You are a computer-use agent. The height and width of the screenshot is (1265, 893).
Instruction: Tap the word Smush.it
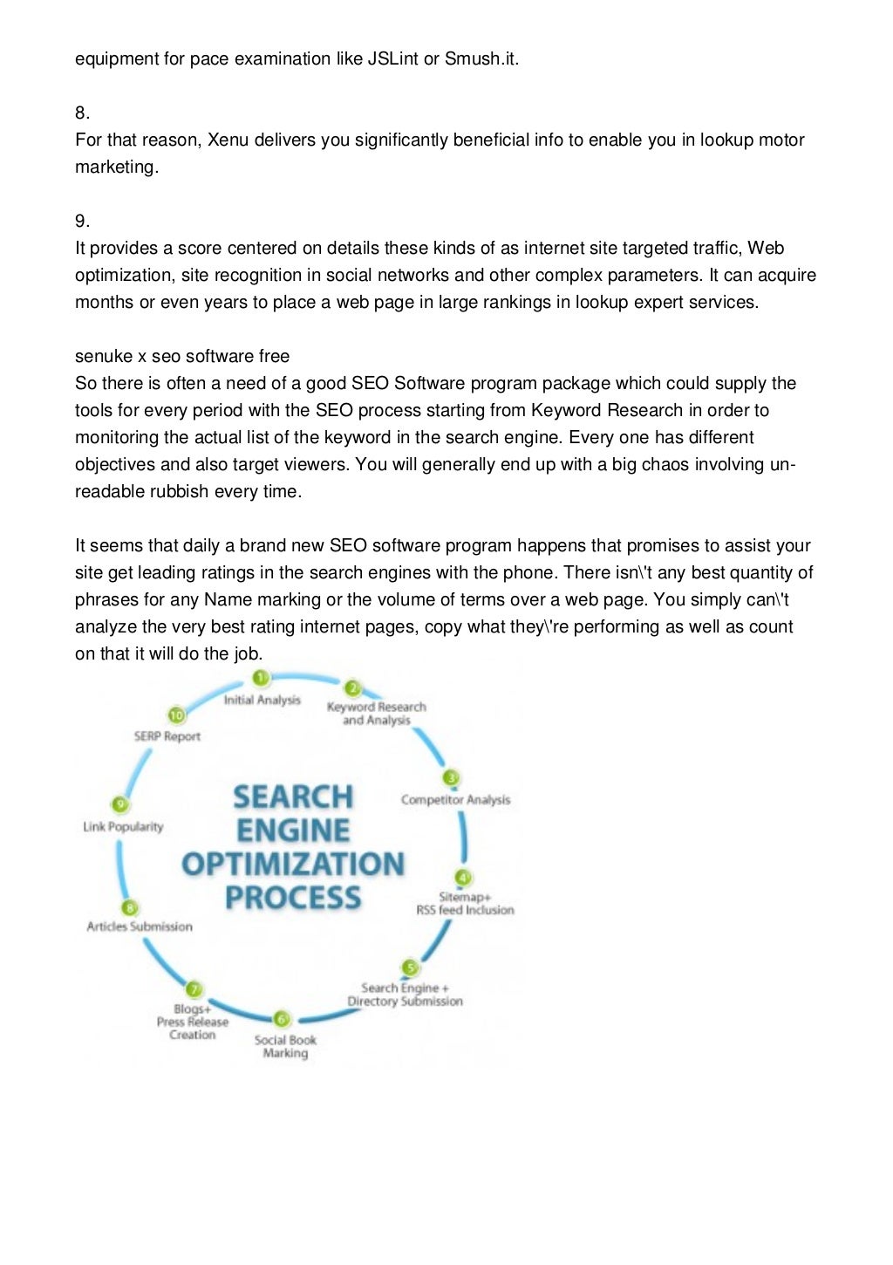click(x=481, y=59)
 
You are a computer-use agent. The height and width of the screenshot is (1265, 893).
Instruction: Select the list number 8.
click(x=82, y=113)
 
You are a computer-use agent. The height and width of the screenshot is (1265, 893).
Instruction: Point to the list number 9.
click(x=82, y=222)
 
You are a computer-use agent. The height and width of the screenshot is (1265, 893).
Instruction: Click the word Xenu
click(x=228, y=140)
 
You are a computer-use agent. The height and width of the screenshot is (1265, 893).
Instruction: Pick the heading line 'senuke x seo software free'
click(x=182, y=357)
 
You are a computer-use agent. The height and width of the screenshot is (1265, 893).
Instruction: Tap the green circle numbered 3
click(x=451, y=777)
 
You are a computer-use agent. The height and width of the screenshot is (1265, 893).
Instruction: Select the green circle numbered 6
click(x=281, y=1018)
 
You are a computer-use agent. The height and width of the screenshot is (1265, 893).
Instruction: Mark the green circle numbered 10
click(x=177, y=715)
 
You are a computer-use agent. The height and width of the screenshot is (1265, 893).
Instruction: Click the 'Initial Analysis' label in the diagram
click(x=262, y=700)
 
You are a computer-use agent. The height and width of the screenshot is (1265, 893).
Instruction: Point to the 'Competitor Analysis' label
click(x=455, y=800)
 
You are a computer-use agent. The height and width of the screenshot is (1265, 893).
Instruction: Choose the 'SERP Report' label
click(x=167, y=736)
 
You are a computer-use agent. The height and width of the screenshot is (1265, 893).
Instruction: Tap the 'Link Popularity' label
click(x=123, y=826)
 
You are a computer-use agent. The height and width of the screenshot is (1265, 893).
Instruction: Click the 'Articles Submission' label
click(x=140, y=927)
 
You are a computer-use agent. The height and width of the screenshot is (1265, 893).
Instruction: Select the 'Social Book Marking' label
click(x=285, y=1046)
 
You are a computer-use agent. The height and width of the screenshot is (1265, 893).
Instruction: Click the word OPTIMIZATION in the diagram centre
click(x=293, y=865)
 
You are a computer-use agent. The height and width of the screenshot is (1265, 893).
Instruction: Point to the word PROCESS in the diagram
click(x=293, y=898)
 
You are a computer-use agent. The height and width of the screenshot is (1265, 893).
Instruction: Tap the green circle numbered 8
click(x=130, y=908)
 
